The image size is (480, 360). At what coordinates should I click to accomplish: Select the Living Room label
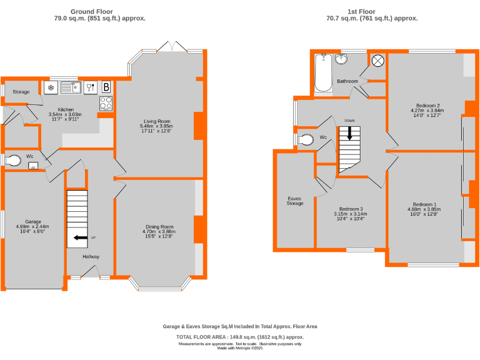156,121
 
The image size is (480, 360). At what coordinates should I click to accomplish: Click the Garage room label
33,221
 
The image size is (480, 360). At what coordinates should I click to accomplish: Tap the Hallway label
91,256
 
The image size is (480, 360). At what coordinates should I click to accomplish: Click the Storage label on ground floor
21,92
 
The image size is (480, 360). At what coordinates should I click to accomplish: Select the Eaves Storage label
295,200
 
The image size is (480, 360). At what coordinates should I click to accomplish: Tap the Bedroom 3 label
351,209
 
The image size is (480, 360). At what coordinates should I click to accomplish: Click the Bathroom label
347,81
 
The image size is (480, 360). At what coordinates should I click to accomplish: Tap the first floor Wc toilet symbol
306,140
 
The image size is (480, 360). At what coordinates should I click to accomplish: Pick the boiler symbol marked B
106,87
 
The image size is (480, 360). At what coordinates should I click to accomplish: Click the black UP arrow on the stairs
80,237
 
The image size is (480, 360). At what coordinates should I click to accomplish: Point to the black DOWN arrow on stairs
349,133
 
